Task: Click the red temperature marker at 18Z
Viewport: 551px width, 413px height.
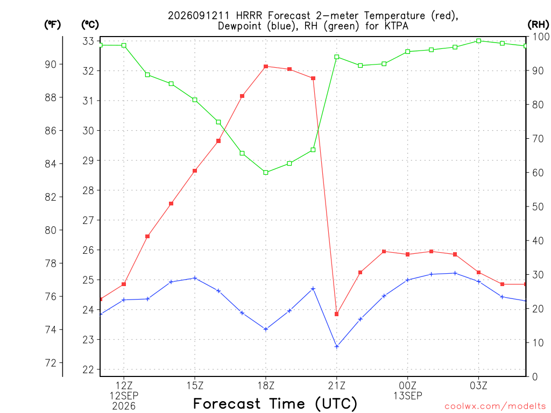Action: click(x=266, y=66)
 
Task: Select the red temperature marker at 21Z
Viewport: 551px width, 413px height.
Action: click(x=337, y=314)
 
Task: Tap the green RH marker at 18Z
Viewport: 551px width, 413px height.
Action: click(x=266, y=173)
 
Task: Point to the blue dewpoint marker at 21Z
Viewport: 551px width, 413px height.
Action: click(x=337, y=347)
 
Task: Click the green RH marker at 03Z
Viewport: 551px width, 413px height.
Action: click(x=478, y=41)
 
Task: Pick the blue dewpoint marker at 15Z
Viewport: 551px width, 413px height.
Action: click(x=195, y=278)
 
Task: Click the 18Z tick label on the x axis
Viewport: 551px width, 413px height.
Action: click(x=266, y=386)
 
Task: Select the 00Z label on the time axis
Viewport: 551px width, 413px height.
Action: click(x=408, y=386)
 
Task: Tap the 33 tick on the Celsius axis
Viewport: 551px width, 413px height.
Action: click(x=88, y=41)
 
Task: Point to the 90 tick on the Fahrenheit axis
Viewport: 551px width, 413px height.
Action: click(x=51, y=65)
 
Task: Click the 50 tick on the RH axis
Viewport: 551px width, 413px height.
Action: click(x=538, y=206)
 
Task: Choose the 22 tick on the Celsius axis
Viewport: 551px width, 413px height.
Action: click(x=88, y=369)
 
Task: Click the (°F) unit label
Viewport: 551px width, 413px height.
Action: click(x=52, y=25)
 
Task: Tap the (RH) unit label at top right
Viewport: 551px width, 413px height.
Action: click(x=538, y=24)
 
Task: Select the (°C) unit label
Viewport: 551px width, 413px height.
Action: click(x=90, y=25)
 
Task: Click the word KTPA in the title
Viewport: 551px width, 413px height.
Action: click(x=397, y=26)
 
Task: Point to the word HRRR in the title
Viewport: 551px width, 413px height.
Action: click(x=249, y=16)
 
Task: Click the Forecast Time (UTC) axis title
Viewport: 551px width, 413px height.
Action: click(x=275, y=403)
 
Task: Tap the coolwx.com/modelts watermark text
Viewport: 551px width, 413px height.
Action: click(x=495, y=407)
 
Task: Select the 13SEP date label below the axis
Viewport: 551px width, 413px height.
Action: click(x=408, y=396)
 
